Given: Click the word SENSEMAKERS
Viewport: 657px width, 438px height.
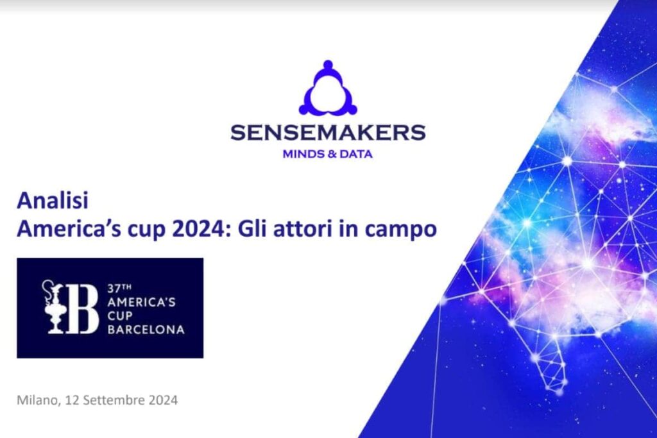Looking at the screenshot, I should [328, 133].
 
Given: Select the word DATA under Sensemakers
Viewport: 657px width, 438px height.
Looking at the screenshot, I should [358, 154].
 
